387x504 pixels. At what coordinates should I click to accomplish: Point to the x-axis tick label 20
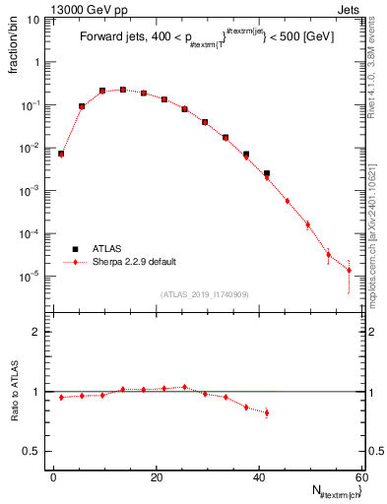click(x=157, y=477)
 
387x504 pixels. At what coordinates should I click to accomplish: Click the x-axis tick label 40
click(x=259, y=477)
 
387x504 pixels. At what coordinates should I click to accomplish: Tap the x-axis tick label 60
click(x=360, y=477)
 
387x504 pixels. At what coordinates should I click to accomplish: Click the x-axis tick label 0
click(x=54, y=477)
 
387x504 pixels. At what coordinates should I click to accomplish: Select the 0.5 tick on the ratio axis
click(x=35, y=451)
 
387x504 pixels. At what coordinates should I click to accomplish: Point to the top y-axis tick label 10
click(x=34, y=18)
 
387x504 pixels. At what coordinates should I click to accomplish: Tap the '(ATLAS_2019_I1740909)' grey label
click(x=205, y=294)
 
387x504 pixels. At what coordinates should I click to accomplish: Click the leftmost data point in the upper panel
click(x=61, y=154)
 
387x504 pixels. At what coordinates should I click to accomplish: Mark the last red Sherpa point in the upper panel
click(x=349, y=271)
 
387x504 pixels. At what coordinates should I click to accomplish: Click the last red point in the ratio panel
click(x=267, y=412)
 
